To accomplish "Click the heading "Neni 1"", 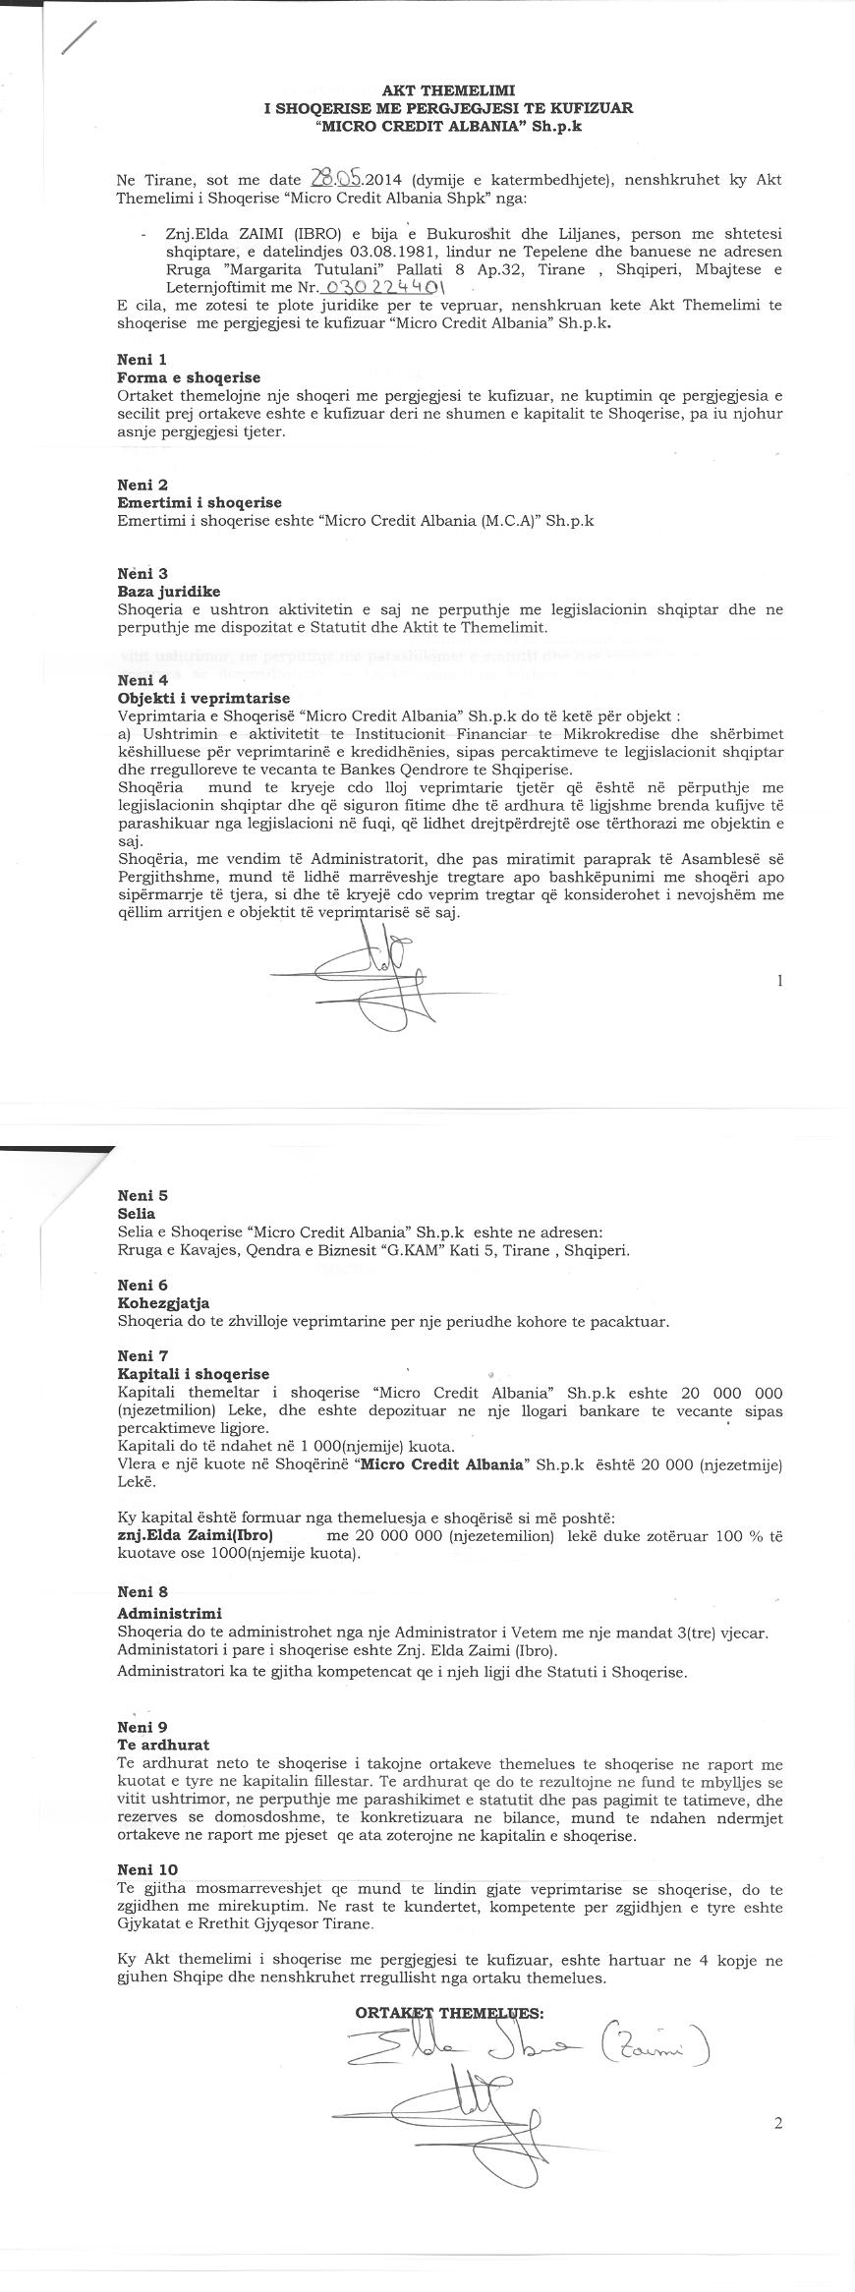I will click(142, 360).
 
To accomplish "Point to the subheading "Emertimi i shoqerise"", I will click(199, 502).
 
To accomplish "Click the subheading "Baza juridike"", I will click(169, 591).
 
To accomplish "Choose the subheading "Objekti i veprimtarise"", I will click(203, 697).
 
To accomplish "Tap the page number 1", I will click(779, 980).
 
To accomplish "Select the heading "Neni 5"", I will click(142, 1195).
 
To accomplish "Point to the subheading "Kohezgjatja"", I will click(163, 1303).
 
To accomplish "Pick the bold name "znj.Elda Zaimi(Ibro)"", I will click(195, 1535).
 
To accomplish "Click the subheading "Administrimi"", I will click(169, 1613).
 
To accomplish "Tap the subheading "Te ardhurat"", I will click(163, 1745).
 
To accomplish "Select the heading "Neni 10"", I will click(147, 1869).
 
